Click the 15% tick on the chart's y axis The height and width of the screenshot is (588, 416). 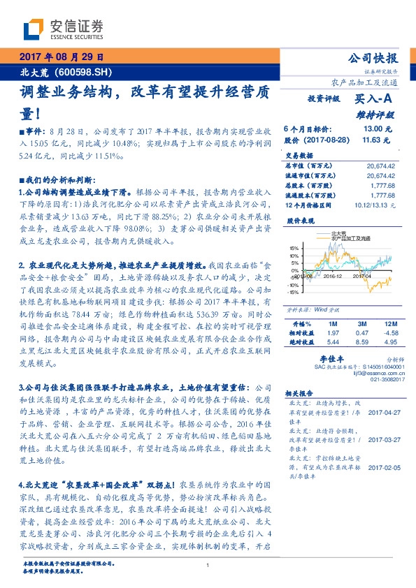[294, 248]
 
